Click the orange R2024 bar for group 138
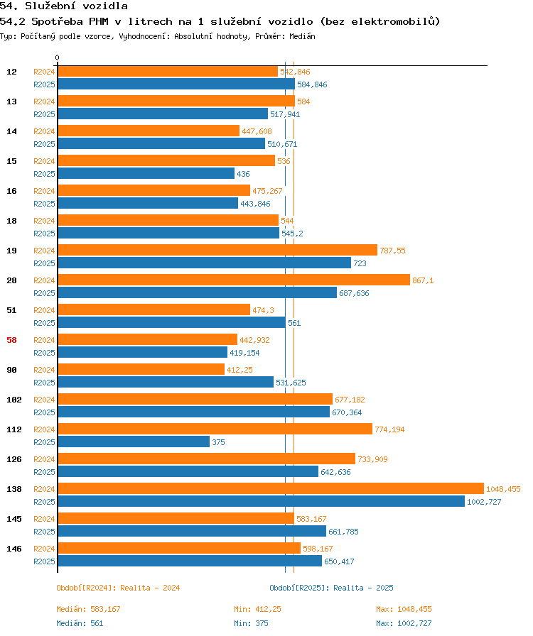tap(271, 488)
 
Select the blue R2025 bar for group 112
tap(134, 442)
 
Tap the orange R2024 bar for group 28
tap(234, 280)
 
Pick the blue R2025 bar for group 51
tap(172, 322)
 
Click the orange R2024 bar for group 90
tap(141, 369)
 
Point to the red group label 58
tap(12, 340)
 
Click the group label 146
tap(14, 549)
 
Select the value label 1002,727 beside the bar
tap(484, 502)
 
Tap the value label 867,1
tap(423, 280)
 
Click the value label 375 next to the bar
tap(218, 442)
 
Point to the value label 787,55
tap(392, 251)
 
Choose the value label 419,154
tap(244, 353)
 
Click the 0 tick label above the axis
tap(58, 57)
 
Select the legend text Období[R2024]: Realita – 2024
tap(118, 588)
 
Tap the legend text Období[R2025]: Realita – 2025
tap(331, 588)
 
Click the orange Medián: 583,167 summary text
tap(89, 609)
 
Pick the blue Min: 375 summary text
tap(251, 623)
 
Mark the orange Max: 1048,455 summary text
tap(404, 609)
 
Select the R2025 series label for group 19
tap(44, 263)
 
